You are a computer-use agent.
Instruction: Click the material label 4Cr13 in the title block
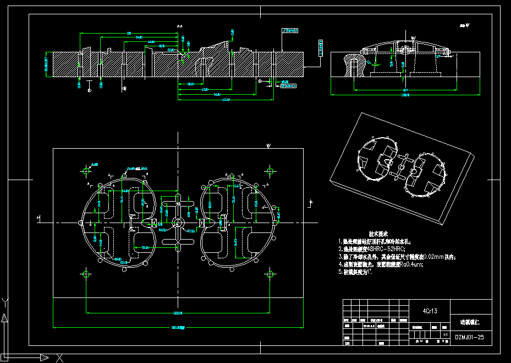pyautogui.click(x=430, y=311)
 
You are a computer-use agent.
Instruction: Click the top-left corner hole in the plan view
pyautogui.click(x=86, y=170)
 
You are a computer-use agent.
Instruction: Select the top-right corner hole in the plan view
pyautogui.click(x=270, y=170)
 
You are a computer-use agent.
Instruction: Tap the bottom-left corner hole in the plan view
pyautogui.click(x=86, y=274)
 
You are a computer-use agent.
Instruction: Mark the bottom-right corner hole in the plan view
pyautogui.click(x=270, y=274)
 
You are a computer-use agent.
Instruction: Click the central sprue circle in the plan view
pyautogui.click(x=178, y=223)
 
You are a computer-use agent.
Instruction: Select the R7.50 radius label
pyautogui.click(x=191, y=231)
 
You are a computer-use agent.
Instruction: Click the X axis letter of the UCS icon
pyautogui.click(x=60, y=358)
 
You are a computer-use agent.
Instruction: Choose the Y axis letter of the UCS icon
pyautogui.click(x=4, y=301)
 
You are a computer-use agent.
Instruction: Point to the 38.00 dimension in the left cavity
pyautogui.click(x=145, y=247)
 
